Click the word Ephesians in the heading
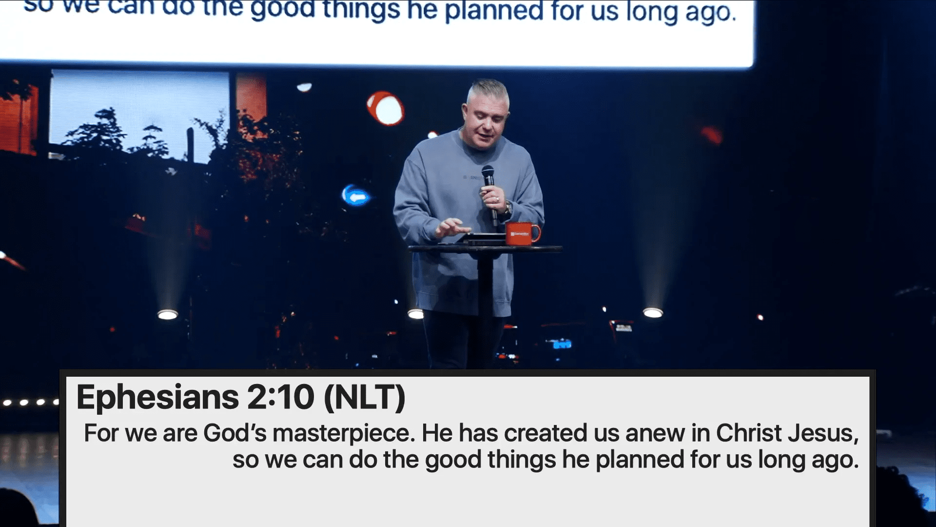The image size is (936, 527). (x=157, y=397)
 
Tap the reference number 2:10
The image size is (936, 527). (x=281, y=397)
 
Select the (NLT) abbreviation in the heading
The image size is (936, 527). (x=364, y=397)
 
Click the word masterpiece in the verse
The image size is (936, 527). (x=344, y=433)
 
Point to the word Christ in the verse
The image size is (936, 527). (x=749, y=433)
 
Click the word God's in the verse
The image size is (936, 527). (x=235, y=433)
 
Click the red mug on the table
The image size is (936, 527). (x=522, y=233)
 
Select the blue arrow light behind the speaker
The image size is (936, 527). (x=356, y=196)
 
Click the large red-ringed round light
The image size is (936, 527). (x=386, y=108)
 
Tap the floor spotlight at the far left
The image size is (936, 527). (x=168, y=315)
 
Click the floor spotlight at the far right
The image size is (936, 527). (x=653, y=313)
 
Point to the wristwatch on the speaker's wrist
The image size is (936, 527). (x=508, y=208)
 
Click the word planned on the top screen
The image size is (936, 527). (x=494, y=11)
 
